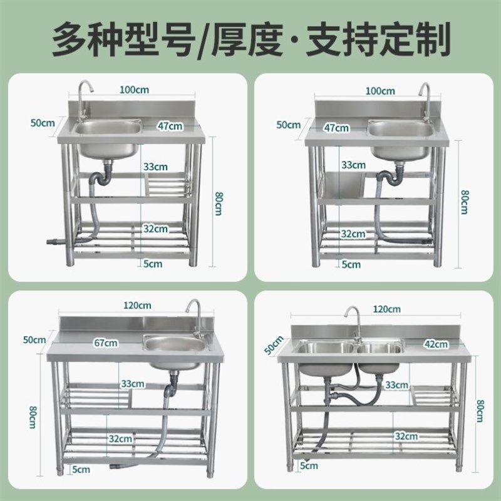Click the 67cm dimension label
coord(106,343)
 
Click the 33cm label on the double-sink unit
coord(396,384)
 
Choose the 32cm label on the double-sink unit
coord(406,436)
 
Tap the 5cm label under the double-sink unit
coord(309,465)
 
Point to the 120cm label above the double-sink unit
coord(386,309)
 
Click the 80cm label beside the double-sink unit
coord(480,410)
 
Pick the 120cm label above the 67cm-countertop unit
coord(138,306)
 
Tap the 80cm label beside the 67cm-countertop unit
coord(29,417)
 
